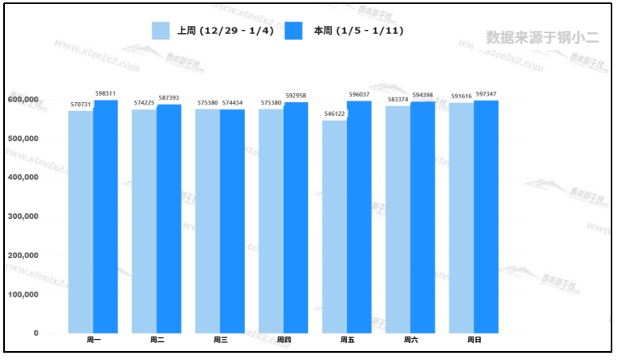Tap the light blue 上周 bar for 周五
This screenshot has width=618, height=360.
click(x=334, y=226)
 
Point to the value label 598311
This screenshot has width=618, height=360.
click(x=105, y=94)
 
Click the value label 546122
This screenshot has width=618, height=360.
click(x=334, y=114)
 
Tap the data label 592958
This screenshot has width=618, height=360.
click(x=296, y=96)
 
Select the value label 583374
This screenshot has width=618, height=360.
click(x=398, y=100)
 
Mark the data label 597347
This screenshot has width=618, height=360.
click(x=487, y=94)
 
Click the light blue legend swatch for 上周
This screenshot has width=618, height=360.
click(x=161, y=31)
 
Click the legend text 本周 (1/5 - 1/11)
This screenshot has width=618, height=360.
click(x=358, y=31)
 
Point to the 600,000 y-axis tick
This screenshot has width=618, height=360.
click(x=24, y=100)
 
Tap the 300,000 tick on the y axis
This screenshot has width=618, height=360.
click(x=24, y=216)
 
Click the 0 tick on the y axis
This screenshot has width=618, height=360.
click(x=36, y=333)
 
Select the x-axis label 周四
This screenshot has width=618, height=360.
click(x=284, y=340)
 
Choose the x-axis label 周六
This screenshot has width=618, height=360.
click(x=410, y=340)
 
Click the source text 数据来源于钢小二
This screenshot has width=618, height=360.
click(x=542, y=36)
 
